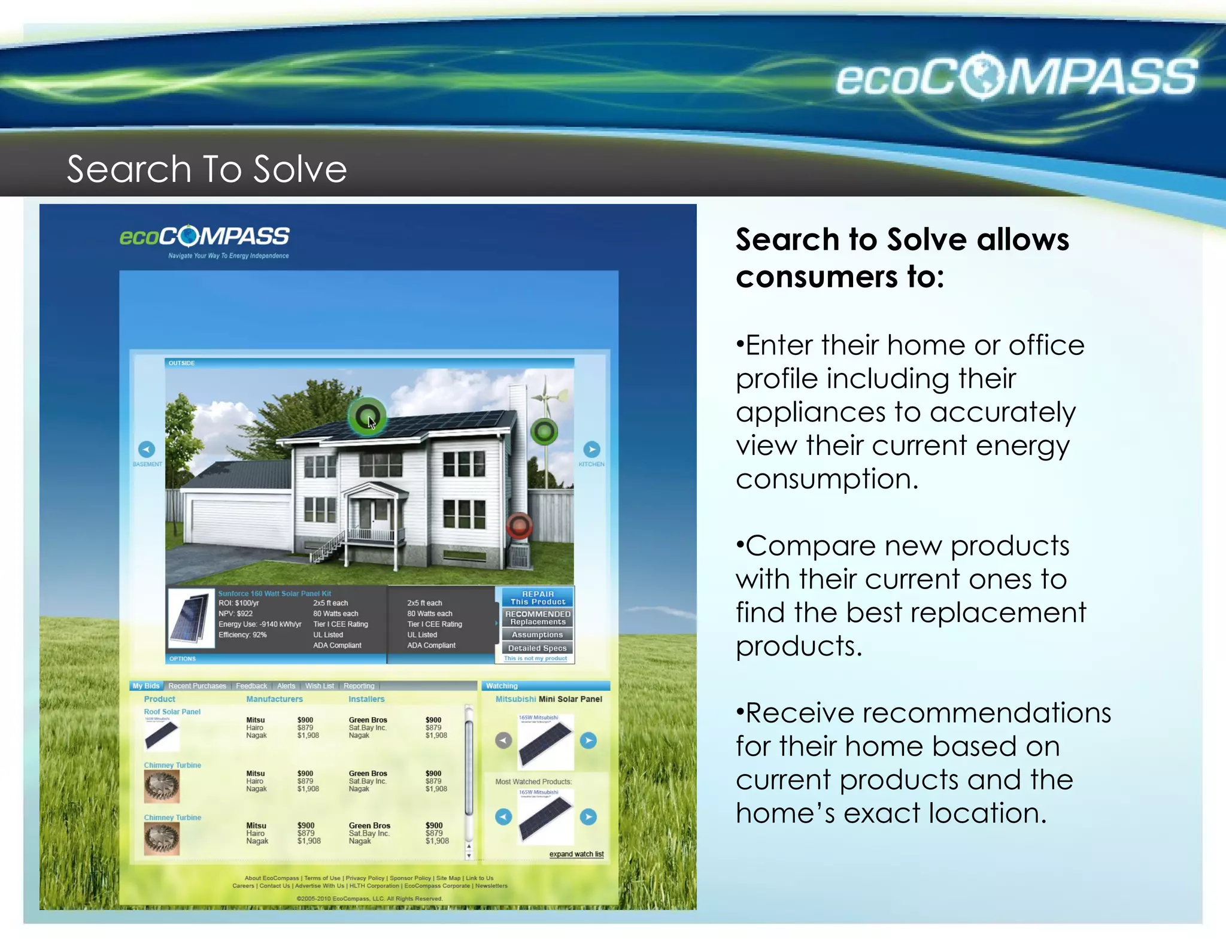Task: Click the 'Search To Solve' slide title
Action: tap(207, 169)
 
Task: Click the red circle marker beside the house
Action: tap(519, 526)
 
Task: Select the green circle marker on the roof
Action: tap(366, 417)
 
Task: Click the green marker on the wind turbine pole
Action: tap(544, 431)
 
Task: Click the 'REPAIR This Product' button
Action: tap(537, 597)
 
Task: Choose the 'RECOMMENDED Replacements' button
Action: tap(537, 618)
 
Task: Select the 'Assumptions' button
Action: tap(537, 635)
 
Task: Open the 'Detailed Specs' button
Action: tap(537, 648)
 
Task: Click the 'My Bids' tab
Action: tap(146, 686)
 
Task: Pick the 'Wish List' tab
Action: tap(319, 686)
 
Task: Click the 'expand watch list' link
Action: tap(576, 854)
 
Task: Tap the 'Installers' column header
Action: tap(366, 699)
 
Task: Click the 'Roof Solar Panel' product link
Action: tap(172, 712)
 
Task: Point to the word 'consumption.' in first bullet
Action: tap(827, 479)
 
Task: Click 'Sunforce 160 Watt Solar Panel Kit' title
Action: tap(274, 594)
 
